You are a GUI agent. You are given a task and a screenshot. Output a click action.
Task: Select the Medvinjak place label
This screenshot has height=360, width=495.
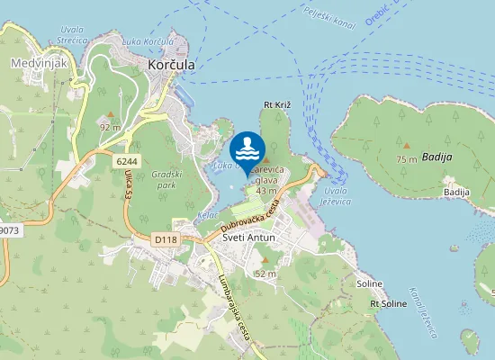[35, 63]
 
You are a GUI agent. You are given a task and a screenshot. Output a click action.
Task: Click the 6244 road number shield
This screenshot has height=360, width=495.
[127, 160]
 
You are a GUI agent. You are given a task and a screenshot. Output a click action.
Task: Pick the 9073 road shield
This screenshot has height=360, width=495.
[8, 230]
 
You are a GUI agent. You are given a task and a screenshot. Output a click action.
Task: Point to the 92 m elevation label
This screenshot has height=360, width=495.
[110, 127]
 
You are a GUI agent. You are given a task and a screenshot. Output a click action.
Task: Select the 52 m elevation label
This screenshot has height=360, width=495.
[265, 273]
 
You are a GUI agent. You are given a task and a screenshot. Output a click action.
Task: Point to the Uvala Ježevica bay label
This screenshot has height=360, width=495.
[336, 195]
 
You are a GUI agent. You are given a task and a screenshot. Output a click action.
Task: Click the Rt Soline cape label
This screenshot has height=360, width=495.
[389, 303]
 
